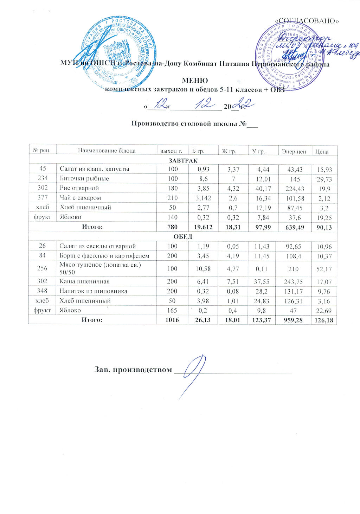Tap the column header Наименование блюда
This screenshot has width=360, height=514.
pyautogui.click(x=107, y=151)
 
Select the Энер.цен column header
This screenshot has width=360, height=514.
pyautogui.click(x=294, y=152)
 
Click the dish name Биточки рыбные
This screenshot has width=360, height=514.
pyautogui.click(x=84, y=178)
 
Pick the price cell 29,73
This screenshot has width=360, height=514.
pyautogui.click(x=324, y=179)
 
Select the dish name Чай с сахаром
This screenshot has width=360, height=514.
pyautogui.click(x=81, y=198)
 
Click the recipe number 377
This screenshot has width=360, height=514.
pyautogui.click(x=43, y=198)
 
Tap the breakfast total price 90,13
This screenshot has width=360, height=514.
pyautogui.click(x=324, y=228)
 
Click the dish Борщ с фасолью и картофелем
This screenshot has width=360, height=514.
pyautogui.click(x=104, y=256)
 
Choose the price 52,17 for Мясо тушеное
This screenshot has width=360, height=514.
pyautogui.click(x=324, y=269)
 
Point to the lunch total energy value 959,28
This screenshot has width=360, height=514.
pyautogui.click(x=294, y=320)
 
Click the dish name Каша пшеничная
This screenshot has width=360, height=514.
pyautogui.click(x=84, y=281)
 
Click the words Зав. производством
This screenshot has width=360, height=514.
pyautogui.click(x=133, y=370)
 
